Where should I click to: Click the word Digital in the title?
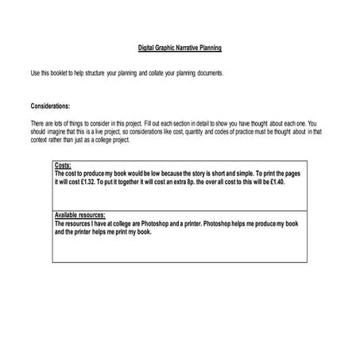pyautogui.click(x=137, y=48)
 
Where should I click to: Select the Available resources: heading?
pyautogui.click(x=80, y=215)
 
